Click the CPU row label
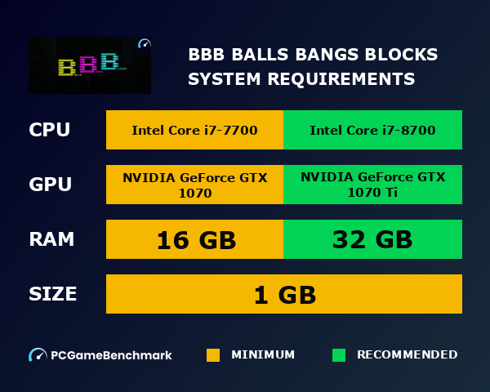click(49, 130)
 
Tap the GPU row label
click(51, 185)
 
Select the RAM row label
click(51, 239)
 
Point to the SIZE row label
click(53, 294)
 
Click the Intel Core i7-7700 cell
click(194, 130)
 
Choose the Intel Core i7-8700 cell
click(372, 130)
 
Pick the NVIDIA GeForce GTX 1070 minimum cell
click(194, 185)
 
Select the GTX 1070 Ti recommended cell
click(372, 185)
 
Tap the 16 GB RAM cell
click(194, 240)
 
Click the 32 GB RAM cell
click(372, 240)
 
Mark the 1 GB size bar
click(284, 294)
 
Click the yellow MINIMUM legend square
click(213, 355)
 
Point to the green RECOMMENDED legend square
click(339, 355)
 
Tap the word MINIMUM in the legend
click(263, 355)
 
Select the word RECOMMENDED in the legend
click(407, 355)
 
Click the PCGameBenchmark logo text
click(111, 355)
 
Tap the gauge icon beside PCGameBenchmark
click(38, 355)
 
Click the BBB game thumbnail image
click(90, 65)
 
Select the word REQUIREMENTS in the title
click(346, 79)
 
